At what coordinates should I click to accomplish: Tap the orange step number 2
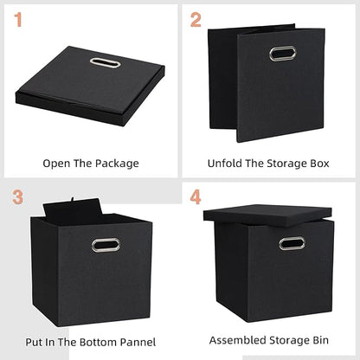196,18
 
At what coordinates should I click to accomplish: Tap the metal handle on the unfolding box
281,54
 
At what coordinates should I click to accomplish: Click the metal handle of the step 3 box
106,245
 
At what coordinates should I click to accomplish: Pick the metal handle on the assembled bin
292,243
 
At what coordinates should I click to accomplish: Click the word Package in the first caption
116,163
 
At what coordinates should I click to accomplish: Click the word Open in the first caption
57,163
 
